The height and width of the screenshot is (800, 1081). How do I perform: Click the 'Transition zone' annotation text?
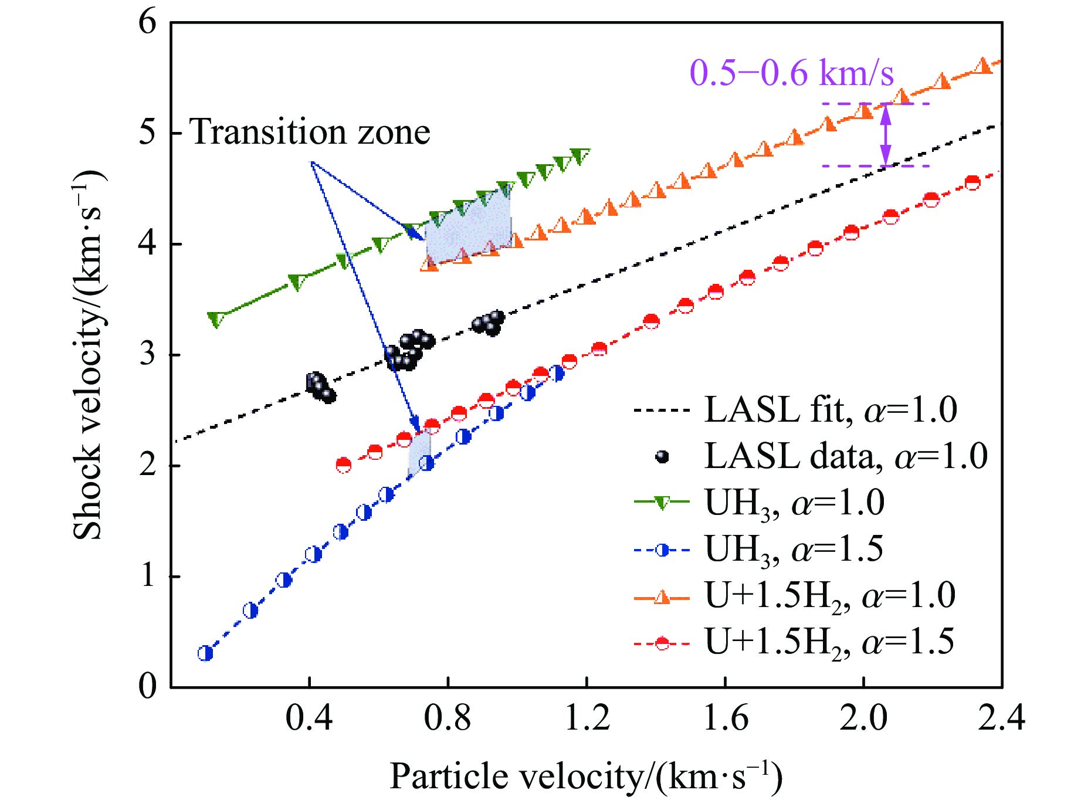tap(310, 132)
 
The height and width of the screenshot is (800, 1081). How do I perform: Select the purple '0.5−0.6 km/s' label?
tap(791, 73)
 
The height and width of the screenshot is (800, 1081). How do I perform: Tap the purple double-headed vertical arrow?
tap(886, 135)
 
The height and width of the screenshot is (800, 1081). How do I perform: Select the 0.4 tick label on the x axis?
tap(309, 717)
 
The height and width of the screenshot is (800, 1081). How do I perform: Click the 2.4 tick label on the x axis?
tap(1001, 717)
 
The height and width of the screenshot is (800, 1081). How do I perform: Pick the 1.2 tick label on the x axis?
tap(587, 717)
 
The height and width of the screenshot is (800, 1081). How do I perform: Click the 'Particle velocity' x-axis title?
tap(585, 776)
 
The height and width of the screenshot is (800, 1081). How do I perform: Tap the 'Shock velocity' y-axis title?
tap(88, 355)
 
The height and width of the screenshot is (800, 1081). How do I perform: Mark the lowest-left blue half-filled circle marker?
tap(205, 653)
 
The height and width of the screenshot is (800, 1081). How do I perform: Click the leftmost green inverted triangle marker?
tap(216, 320)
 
